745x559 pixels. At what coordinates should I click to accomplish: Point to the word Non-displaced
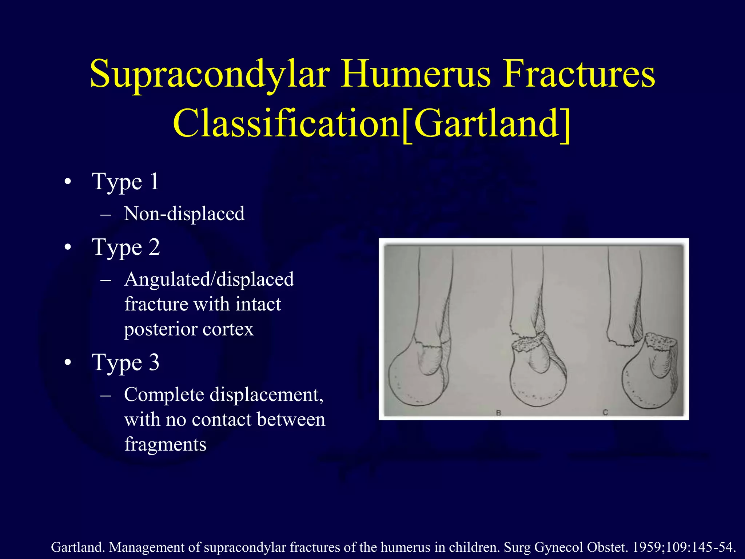pos(184,214)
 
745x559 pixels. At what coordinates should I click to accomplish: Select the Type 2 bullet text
pos(126,247)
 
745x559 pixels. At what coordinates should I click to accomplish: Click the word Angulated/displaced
pos(209,279)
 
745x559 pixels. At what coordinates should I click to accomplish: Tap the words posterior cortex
pos(188,329)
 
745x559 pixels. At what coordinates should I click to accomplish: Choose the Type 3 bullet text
pos(126,362)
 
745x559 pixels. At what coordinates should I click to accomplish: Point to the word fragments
pos(165,444)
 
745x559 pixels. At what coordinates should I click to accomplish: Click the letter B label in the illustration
pos(499,413)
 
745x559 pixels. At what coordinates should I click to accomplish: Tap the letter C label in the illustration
pos(605,412)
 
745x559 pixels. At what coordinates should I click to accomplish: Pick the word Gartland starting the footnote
pos(78,547)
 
